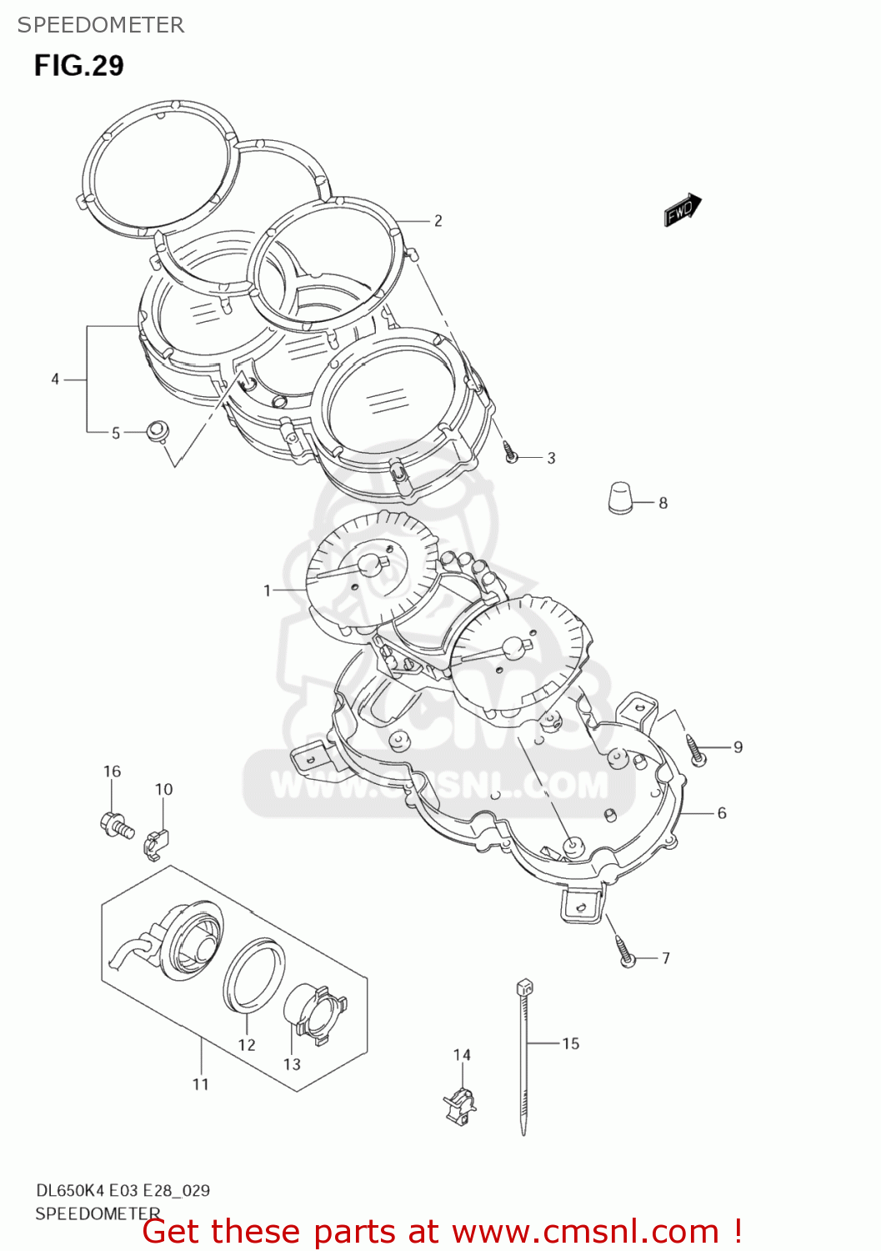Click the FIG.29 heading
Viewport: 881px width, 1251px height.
click(x=78, y=65)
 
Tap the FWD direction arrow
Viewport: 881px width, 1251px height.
click(x=683, y=210)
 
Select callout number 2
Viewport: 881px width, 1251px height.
click(x=438, y=221)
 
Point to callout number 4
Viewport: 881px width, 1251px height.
click(x=55, y=379)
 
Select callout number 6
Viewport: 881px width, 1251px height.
click(x=722, y=812)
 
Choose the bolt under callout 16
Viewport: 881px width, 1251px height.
click(x=115, y=825)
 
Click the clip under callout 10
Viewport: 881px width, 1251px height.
click(x=156, y=843)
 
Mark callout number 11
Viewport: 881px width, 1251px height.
click(x=200, y=1084)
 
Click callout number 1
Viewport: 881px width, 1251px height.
click(x=267, y=590)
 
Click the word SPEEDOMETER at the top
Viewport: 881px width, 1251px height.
click(x=101, y=25)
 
